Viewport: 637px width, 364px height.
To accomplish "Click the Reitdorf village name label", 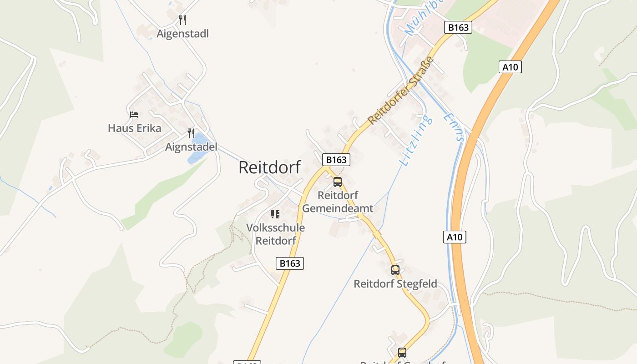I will [x=269, y=167].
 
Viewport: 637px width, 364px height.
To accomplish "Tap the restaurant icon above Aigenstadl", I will [x=182, y=20].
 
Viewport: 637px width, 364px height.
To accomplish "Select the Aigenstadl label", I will [x=182, y=34].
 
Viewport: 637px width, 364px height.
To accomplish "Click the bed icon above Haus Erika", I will [x=134, y=114].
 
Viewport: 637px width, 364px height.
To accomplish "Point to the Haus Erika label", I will [x=134, y=128].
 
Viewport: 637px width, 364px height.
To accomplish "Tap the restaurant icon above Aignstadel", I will [x=191, y=133].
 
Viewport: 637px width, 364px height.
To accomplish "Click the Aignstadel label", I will [x=191, y=147].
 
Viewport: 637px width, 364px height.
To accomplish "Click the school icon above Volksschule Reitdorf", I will [x=275, y=214].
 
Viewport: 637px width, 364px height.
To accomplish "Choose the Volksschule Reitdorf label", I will [x=275, y=234].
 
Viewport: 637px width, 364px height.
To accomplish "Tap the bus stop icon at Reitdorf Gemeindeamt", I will [x=338, y=182].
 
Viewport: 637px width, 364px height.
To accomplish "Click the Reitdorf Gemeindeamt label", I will [x=338, y=202].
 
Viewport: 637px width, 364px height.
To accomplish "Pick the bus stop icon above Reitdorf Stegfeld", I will [x=395, y=270].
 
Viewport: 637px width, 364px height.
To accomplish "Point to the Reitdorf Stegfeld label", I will [x=395, y=284].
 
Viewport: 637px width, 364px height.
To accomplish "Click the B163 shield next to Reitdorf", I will [x=337, y=160].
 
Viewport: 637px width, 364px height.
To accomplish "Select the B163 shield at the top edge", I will [x=458, y=27].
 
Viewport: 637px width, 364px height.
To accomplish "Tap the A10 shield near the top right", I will [x=510, y=67].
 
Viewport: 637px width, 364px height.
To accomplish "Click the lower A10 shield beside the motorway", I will [x=455, y=237].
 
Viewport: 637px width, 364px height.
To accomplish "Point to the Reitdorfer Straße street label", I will [x=400, y=91].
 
